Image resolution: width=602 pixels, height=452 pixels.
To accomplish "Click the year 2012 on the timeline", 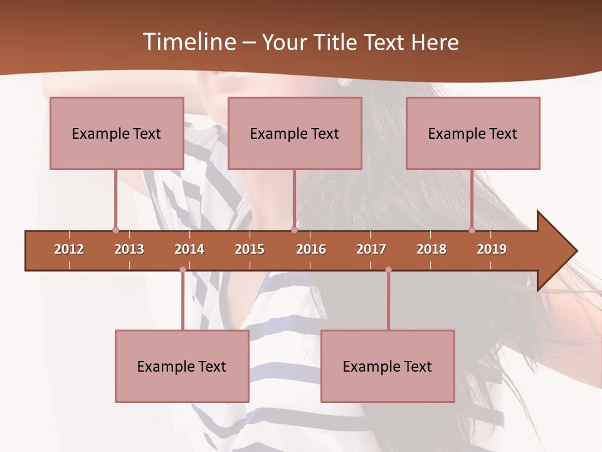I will [x=69, y=249].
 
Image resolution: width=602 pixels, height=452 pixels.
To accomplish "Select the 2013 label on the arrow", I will [x=129, y=249].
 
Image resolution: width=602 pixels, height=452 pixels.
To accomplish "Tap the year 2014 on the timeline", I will [x=189, y=249].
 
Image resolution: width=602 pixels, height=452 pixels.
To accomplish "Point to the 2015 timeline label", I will [x=250, y=249].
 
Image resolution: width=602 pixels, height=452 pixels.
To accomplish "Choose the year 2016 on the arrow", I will [x=311, y=249].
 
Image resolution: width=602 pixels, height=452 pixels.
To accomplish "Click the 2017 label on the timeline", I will [x=371, y=249].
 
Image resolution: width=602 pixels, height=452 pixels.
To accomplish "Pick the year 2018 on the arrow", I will [x=431, y=249].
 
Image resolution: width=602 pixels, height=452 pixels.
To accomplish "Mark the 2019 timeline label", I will [x=492, y=249].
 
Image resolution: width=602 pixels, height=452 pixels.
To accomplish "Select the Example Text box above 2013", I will [x=117, y=133].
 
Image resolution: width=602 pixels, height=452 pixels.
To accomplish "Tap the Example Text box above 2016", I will [x=295, y=133].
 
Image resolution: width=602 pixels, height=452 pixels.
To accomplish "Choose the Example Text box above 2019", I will [x=473, y=133].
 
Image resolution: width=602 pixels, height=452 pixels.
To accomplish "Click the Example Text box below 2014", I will [x=182, y=366].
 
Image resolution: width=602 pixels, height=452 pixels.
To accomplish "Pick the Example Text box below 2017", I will [x=388, y=366].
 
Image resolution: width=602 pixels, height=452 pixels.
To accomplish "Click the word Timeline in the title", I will [x=188, y=42].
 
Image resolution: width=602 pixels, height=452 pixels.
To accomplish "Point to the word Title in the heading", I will [x=339, y=42].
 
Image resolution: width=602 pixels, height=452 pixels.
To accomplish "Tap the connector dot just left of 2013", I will [x=115, y=230].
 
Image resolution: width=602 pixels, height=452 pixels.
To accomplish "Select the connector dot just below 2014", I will [x=182, y=270].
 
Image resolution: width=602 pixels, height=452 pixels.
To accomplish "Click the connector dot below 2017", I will [x=388, y=270].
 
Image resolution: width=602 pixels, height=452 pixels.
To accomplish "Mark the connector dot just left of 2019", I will [x=472, y=230].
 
